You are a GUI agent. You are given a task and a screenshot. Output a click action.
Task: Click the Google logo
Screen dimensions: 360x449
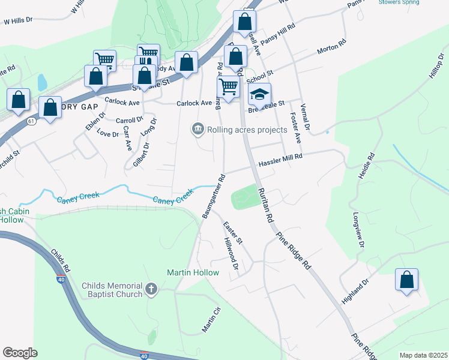pos(20,353)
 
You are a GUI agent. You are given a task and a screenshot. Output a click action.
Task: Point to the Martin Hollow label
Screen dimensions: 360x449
pos(193,272)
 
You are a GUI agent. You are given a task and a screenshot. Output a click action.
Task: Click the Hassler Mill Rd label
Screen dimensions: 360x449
pos(280,160)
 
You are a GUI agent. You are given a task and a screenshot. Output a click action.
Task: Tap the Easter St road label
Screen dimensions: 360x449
pos(232,233)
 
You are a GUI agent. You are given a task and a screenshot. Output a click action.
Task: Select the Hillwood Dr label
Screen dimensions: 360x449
pos(232,253)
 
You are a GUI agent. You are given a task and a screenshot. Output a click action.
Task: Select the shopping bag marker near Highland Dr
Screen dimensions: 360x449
pos(406,280)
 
